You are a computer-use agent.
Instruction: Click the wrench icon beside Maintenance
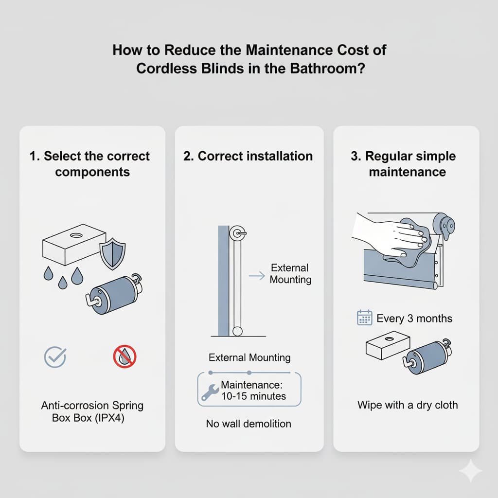tap(210, 391)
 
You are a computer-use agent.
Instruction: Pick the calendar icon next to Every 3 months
tap(365, 318)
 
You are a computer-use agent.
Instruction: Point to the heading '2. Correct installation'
tap(248, 156)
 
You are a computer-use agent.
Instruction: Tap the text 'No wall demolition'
tap(249, 424)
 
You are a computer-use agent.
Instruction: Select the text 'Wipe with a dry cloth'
tap(408, 405)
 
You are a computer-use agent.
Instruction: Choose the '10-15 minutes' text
tap(253, 396)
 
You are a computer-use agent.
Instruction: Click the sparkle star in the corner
tap(471, 471)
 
